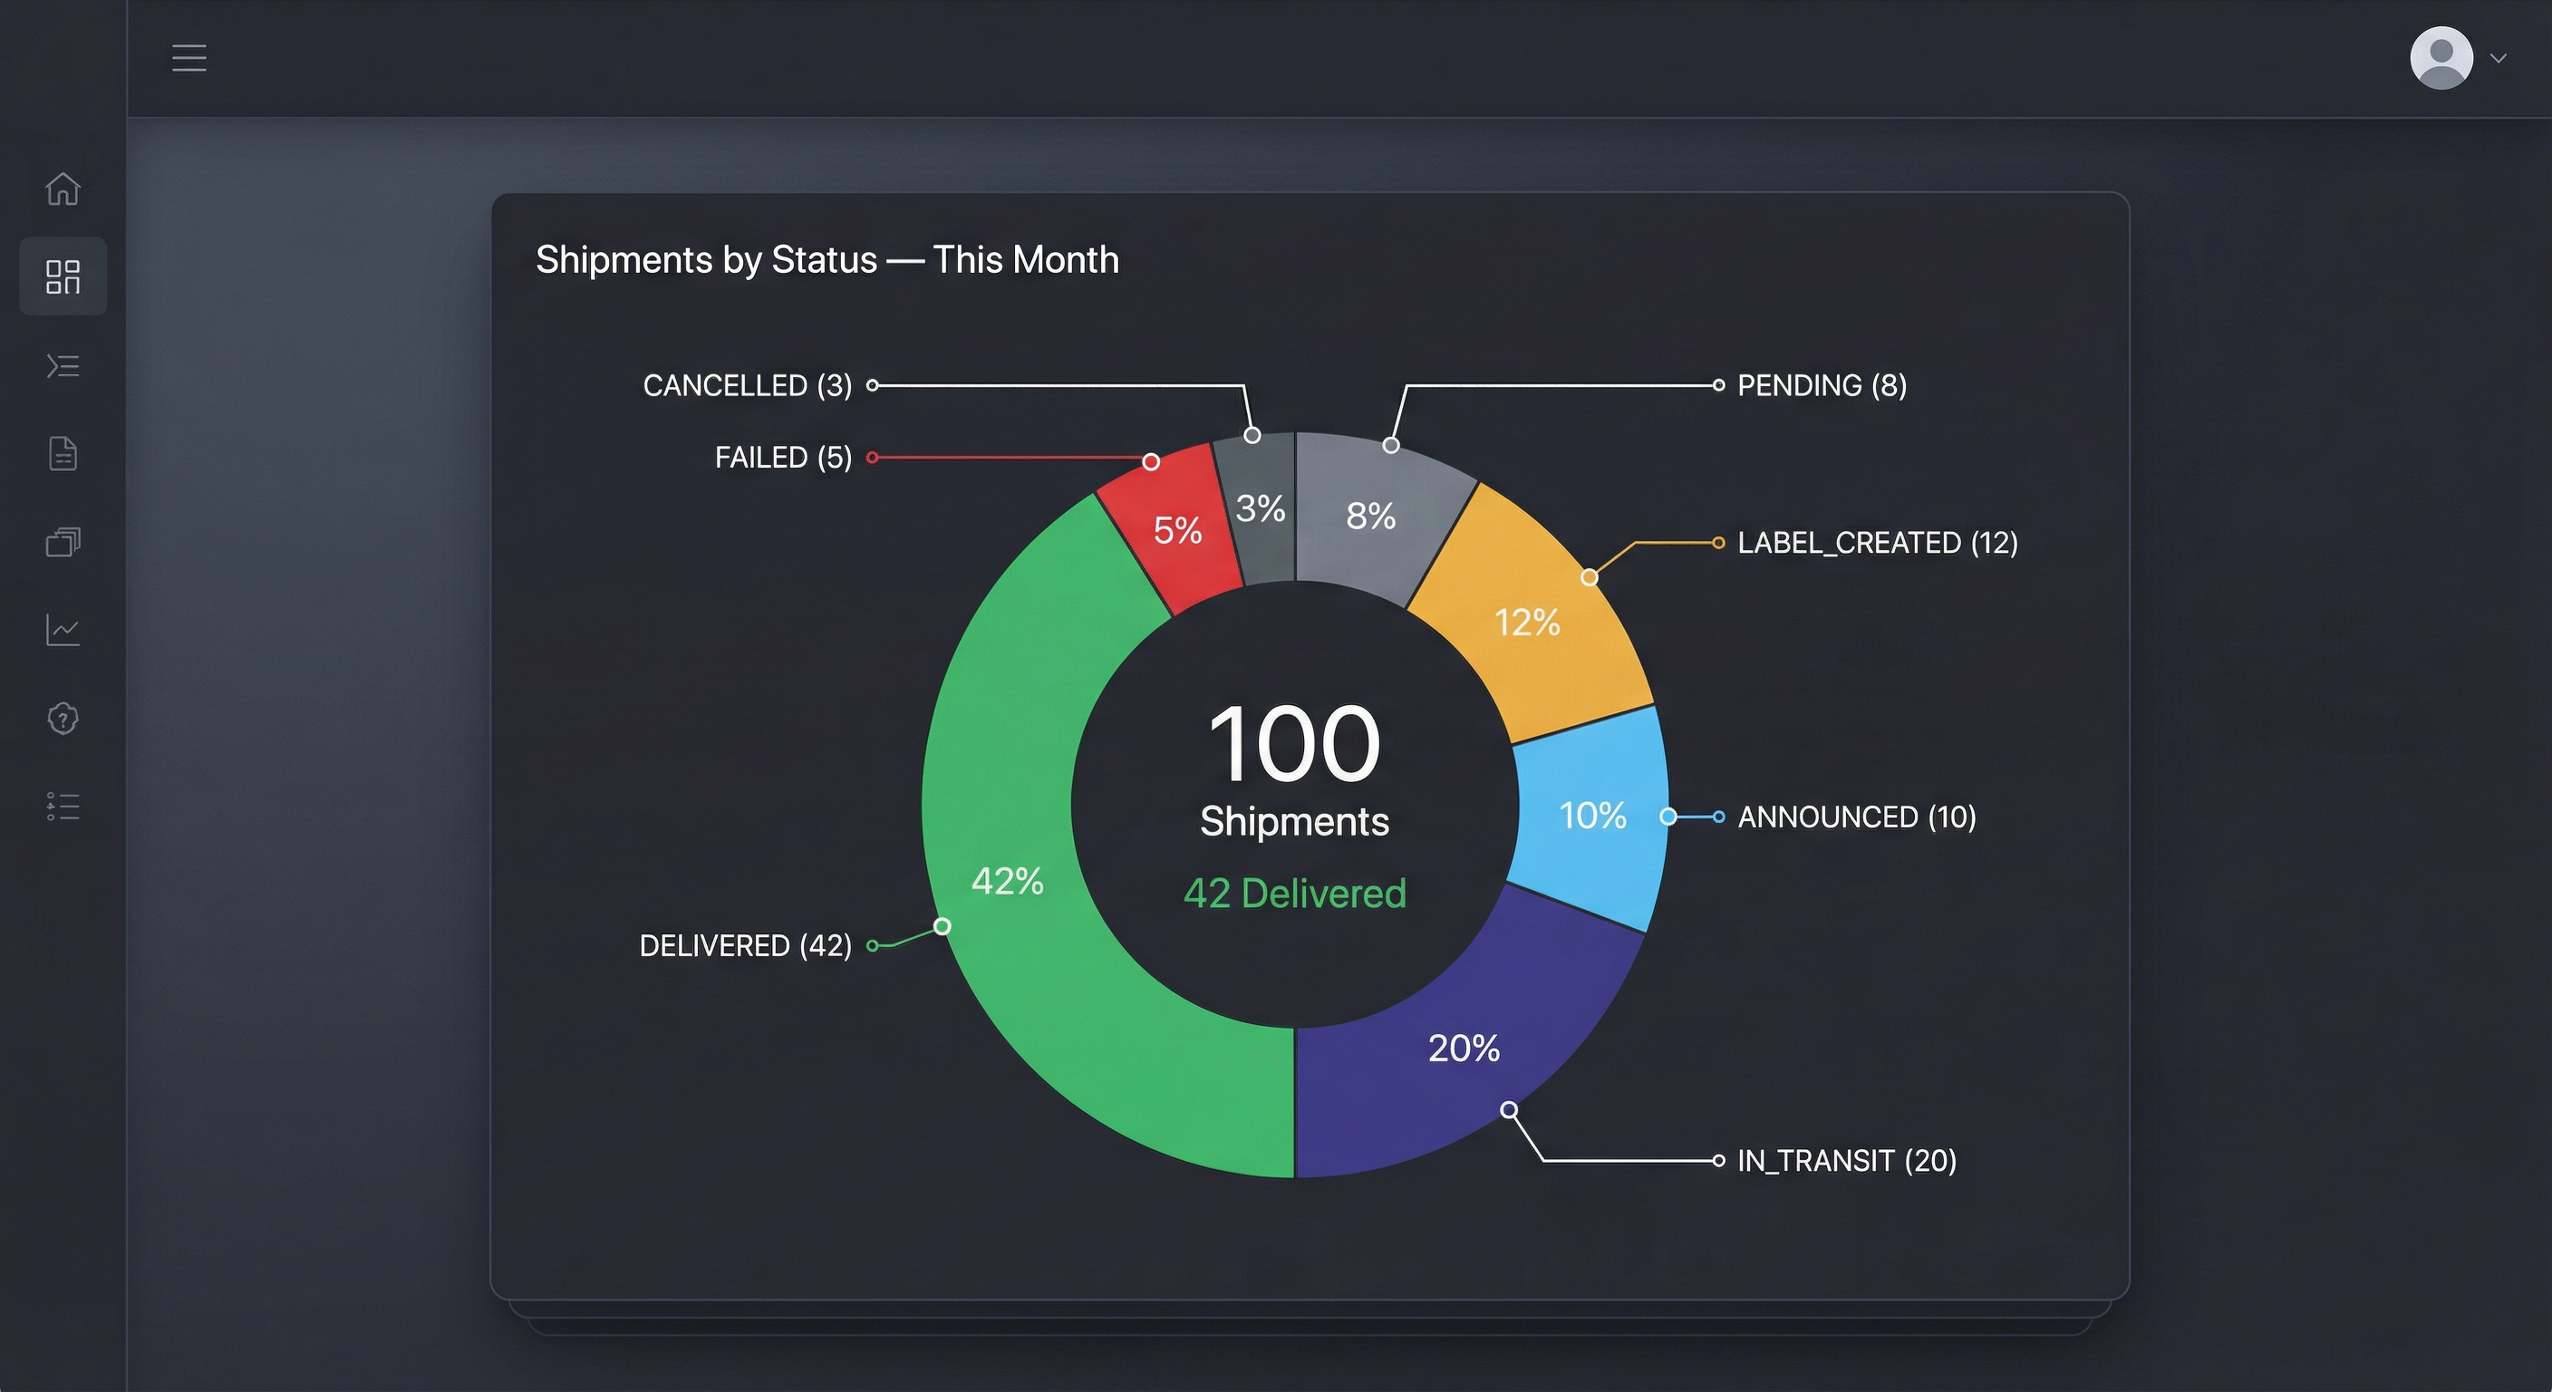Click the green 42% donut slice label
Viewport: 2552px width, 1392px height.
coord(1007,881)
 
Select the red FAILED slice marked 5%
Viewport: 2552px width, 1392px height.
coord(1176,530)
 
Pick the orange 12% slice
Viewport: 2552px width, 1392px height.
coord(1527,623)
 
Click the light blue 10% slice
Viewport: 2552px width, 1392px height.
coord(1592,816)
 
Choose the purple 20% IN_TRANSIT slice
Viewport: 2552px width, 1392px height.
coord(1464,1049)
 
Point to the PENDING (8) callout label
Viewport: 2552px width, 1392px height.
coord(1821,385)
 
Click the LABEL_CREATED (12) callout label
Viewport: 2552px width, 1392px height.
coord(1876,543)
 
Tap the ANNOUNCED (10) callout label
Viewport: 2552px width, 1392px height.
coord(1856,817)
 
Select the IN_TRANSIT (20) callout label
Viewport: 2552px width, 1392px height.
coord(1846,1160)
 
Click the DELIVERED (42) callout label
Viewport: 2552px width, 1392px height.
coord(745,946)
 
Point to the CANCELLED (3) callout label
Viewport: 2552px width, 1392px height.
coord(747,385)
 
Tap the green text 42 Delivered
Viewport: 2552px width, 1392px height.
coord(1294,894)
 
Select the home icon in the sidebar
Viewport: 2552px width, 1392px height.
coord(63,188)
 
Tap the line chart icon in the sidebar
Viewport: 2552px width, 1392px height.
coord(63,630)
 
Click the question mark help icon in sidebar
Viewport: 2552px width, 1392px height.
coord(63,719)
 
